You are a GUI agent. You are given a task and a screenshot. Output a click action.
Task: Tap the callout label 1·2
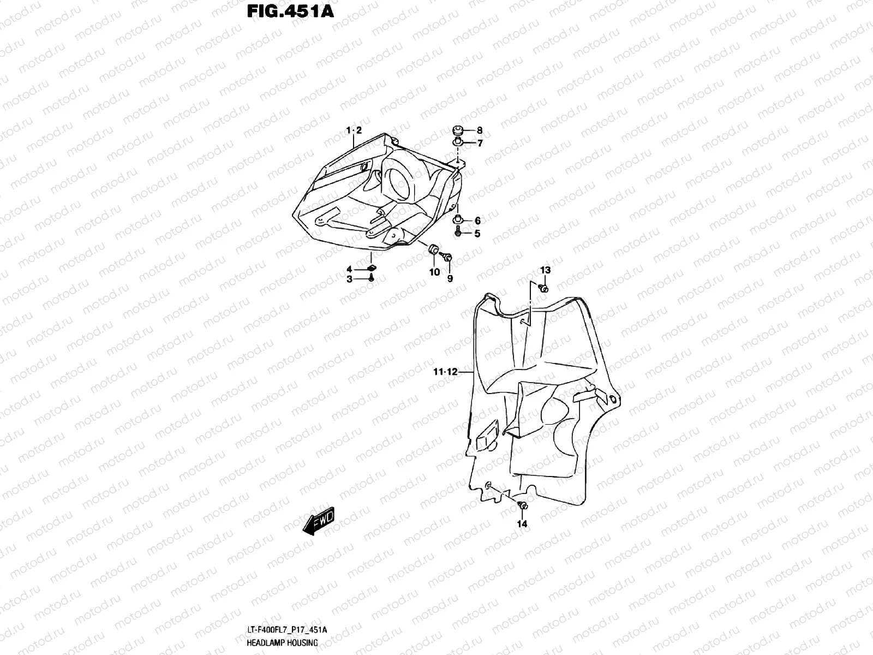click(x=354, y=130)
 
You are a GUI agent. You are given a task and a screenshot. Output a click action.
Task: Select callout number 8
click(x=480, y=130)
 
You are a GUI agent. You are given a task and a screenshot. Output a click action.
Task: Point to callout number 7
click(x=480, y=144)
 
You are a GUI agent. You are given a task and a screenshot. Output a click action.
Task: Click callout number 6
click(x=477, y=221)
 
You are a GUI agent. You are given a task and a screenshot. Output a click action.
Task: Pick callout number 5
click(x=477, y=234)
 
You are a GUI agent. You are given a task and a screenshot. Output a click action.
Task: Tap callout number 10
click(x=434, y=272)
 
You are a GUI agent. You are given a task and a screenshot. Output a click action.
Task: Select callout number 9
click(x=450, y=278)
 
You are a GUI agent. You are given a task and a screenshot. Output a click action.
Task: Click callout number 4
click(x=349, y=269)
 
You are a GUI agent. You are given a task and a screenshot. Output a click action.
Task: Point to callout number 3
click(x=349, y=279)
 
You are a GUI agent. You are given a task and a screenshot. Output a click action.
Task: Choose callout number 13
click(x=546, y=270)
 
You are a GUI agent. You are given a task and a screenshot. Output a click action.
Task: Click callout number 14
click(x=522, y=524)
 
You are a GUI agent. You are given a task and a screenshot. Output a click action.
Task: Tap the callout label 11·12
click(x=445, y=373)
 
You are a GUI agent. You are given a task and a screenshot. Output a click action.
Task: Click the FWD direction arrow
click(x=318, y=522)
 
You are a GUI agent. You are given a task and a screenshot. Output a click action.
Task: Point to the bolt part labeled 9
click(x=447, y=257)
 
